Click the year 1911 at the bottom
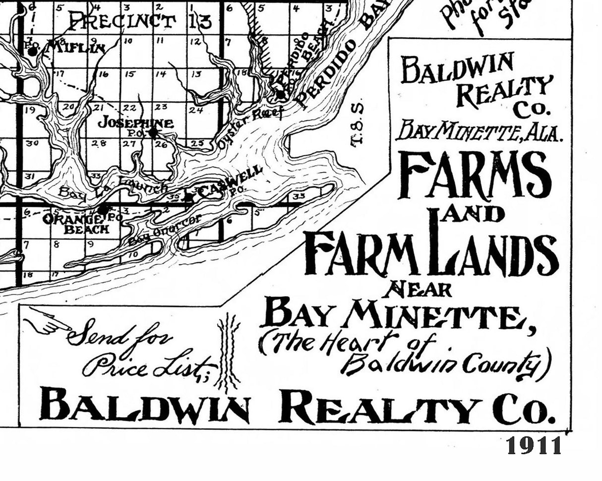(534, 445)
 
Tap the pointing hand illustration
(47, 320)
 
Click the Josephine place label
(135, 122)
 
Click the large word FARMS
(475, 174)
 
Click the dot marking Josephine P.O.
(154, 132)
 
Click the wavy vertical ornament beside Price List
(229, 352)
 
